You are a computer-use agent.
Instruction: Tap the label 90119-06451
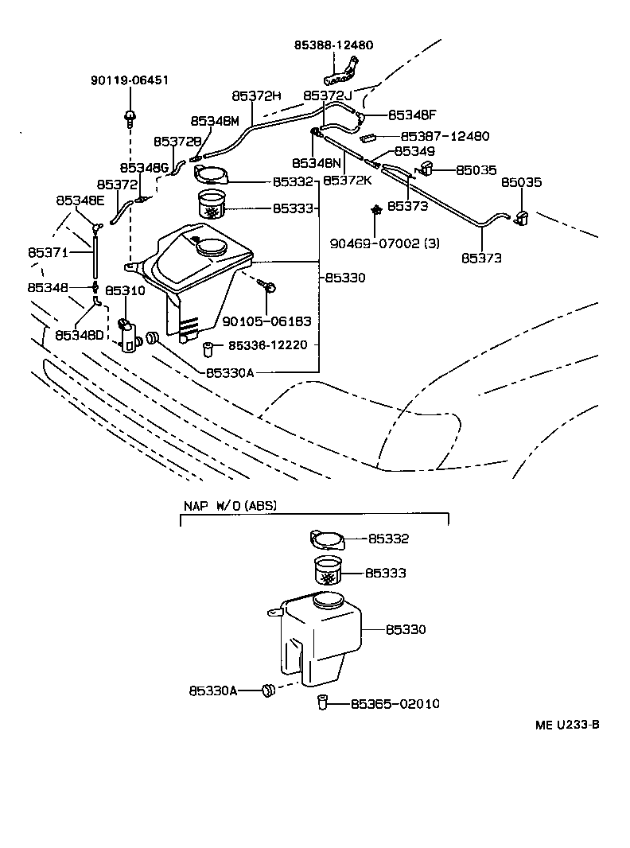click(x=129, y=81)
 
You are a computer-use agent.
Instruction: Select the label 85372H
click(x=257, y=95)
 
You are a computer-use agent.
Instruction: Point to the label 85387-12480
click(x=445, y=137)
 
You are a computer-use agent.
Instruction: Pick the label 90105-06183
click(x=266, y=322)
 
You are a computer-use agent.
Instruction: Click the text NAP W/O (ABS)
click(x=231, y=505)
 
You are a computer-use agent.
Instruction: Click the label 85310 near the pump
click(x=125, y=290)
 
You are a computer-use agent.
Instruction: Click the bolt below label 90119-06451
click(x=129, y=118)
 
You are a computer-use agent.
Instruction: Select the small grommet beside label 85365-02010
click(x=323, y=702)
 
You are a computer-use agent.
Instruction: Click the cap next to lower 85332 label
click(x=326, y=539)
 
